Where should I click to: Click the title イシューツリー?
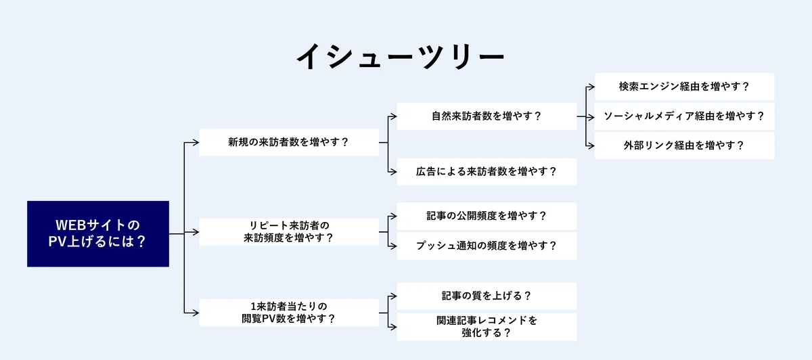(401, 57)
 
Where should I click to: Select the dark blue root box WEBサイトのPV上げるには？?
(98, 234)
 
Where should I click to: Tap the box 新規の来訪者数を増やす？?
(289, 143)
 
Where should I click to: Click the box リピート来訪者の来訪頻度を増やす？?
(289, 232)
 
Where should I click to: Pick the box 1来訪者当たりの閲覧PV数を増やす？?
(289, 313)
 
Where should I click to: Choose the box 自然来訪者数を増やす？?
(487, 116)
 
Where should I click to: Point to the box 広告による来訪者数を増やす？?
(487, 172)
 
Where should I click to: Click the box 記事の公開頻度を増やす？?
(487, 217)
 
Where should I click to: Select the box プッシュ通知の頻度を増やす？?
(487, 246)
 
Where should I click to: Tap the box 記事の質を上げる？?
(487, 296)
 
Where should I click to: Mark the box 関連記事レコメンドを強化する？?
(487, 327)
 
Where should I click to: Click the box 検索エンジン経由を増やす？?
(684, 87)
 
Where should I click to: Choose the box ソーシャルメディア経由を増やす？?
(684, 116)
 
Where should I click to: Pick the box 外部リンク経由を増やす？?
(684, 145)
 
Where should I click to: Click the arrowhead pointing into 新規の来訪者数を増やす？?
(196, 143)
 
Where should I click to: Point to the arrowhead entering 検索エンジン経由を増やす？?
(591, 87)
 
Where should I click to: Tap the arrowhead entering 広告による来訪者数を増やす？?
(393, 172)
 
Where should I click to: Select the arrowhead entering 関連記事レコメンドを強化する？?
(393, 327)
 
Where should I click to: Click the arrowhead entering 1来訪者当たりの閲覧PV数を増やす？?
(196, 313)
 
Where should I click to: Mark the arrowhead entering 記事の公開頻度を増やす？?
(393, 217)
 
